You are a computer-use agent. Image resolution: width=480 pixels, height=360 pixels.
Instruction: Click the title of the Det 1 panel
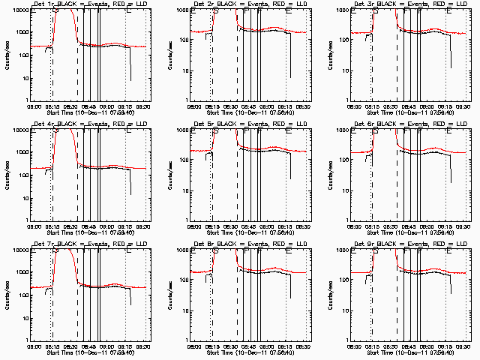point(91,4)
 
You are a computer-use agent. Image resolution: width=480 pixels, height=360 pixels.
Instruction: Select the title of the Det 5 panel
point(251,124)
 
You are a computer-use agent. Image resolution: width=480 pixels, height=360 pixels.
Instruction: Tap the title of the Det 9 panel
point(412,244)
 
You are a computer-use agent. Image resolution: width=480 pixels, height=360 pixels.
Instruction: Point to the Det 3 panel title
point(412,4)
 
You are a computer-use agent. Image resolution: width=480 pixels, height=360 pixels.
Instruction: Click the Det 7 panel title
point(91,244)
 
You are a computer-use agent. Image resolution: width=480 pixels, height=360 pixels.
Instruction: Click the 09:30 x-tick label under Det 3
point(464,107)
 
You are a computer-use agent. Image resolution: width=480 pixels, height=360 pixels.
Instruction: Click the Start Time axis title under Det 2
point(251,113)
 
